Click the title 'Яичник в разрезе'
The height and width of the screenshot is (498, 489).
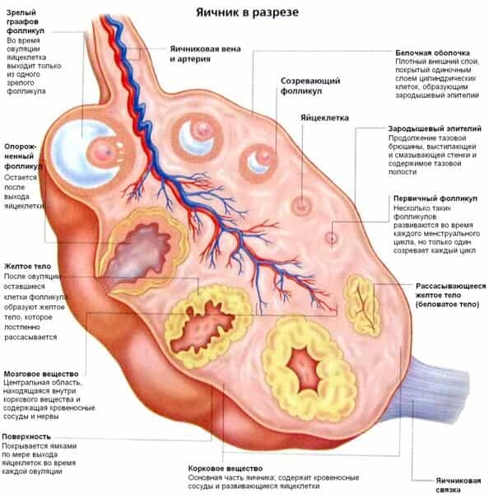[x=247, y=12]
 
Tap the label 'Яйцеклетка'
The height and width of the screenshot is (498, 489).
[x=324, y=118]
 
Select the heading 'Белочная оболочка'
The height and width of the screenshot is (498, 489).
[x=432, y=53]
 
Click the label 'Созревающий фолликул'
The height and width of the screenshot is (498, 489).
[x=310, y=86]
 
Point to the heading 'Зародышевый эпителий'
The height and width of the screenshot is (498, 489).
[x=435, y=128]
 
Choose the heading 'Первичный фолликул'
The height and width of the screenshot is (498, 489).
[x=435, y=198]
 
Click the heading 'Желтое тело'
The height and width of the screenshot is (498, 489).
[x=27, y=266]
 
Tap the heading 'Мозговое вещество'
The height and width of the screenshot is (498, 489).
[x=41, y=374]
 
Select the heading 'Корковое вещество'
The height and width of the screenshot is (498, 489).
[x=226, y=468]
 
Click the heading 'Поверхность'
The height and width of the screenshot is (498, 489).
[x=26, y=436]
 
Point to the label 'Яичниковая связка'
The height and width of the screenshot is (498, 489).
[x=459, y=485]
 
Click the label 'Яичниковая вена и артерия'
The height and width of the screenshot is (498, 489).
[x=205, y=54]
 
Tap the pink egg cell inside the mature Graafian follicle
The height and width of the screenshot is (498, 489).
[x=104, y=151]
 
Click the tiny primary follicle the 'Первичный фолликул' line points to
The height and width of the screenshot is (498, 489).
[x=332, y=237]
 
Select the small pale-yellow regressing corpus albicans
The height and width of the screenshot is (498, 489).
[x=362, y=305]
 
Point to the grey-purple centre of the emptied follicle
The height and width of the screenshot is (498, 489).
[x=140, y=251]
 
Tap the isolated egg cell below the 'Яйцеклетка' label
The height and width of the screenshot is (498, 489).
[x=301, y=206]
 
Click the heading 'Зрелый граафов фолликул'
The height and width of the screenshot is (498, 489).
[x=25, y=21]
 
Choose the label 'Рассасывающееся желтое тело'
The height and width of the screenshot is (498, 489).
[x=450, y=295]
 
